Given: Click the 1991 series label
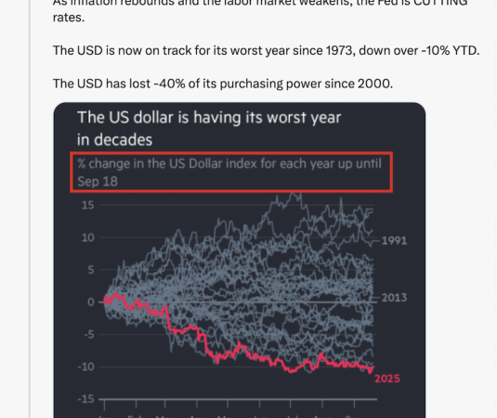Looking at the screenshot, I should [x=395, y=240].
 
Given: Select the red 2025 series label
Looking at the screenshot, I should [x=387, y=378].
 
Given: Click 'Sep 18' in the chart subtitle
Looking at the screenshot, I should [x=98, y=182].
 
